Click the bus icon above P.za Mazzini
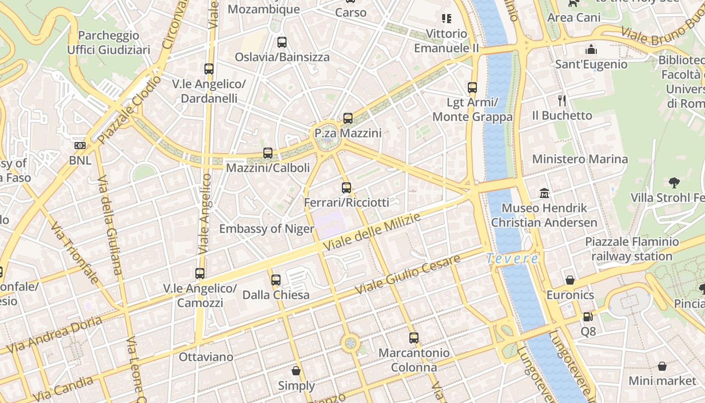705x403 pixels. (x=347, y=118)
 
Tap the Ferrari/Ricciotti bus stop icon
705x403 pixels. (x=346, y=188)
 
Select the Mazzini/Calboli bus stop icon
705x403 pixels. (x=268, y=153)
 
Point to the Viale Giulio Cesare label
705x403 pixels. (x=408, y=275)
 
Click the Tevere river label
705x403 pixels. (x=512, y=259)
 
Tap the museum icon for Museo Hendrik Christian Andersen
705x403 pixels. (x=544, y=193)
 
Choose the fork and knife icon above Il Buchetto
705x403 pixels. (x=562, y=101)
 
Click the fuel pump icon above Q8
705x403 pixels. (x=588, y=317)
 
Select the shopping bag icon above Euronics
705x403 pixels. (x=570, y=280)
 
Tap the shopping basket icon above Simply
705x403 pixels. (x=296, y=371)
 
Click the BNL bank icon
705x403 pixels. (x=80, y=146)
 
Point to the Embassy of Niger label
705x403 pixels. (x=266, y=229)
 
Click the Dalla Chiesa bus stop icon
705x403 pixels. (x=276, y=280)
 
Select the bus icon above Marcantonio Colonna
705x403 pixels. (x=414, y=338)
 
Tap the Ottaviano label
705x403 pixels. (x=206, y=357)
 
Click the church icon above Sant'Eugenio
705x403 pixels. (x=591, y=49)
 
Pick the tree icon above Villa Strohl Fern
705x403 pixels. (x=674, y=182)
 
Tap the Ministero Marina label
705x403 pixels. (x=580, y=159)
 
